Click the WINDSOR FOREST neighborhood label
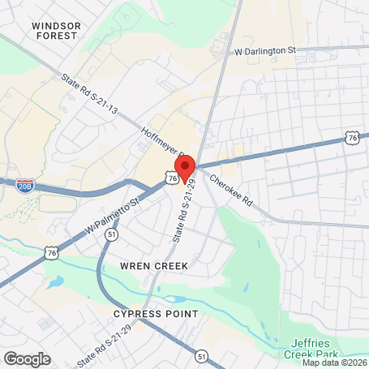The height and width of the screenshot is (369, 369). click(x=57, y=31)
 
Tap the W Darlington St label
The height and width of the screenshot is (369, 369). click(x=265, y=50)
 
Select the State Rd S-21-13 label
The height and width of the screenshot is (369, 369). click(x=89, y=93)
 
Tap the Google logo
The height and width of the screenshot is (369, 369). click(x=27, y=358)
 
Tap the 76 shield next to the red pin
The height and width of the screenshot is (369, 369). click(x=173, y=176)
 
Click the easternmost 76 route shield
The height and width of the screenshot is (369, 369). click(x=351, y=139)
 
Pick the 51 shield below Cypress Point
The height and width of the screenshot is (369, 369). click(x=201, y=354)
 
